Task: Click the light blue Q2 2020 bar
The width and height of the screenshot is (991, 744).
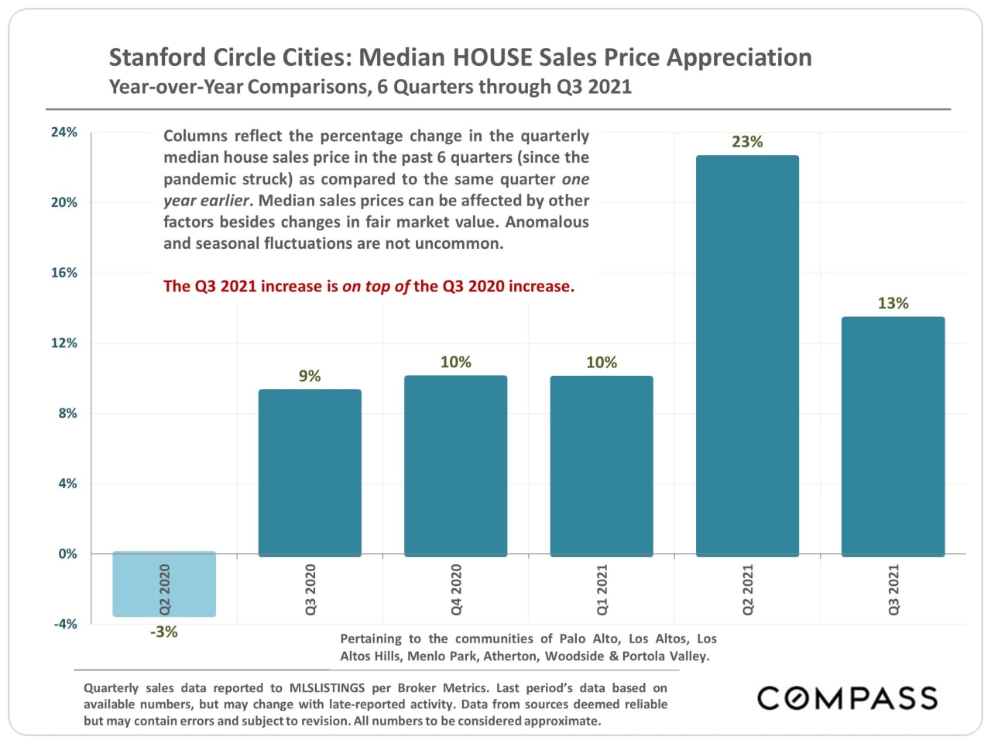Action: pos(164,584)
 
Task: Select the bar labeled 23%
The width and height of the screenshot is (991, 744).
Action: pos(747,356)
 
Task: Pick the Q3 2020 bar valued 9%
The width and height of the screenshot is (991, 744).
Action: pos(310,473)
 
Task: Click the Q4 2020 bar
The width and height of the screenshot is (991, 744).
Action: pos(455,466)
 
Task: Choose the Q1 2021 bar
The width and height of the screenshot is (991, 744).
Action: pos(602,466)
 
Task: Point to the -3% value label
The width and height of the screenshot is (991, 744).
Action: pos(164,632)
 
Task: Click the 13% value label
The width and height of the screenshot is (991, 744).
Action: pos(893,303)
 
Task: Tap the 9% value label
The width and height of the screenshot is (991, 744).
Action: pos(310,376)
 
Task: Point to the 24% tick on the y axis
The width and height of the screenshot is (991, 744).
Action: pos(64,133)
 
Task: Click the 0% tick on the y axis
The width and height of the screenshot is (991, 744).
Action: pos(67,554)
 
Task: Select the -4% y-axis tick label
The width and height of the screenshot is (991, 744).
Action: pos(65,624)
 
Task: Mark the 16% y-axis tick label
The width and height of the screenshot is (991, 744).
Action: pos(64,273)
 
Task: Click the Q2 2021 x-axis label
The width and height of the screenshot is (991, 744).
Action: pos(748,590)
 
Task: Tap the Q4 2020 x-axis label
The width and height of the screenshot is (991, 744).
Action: pos(456,590)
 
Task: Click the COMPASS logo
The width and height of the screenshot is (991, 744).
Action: pos(847,698)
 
